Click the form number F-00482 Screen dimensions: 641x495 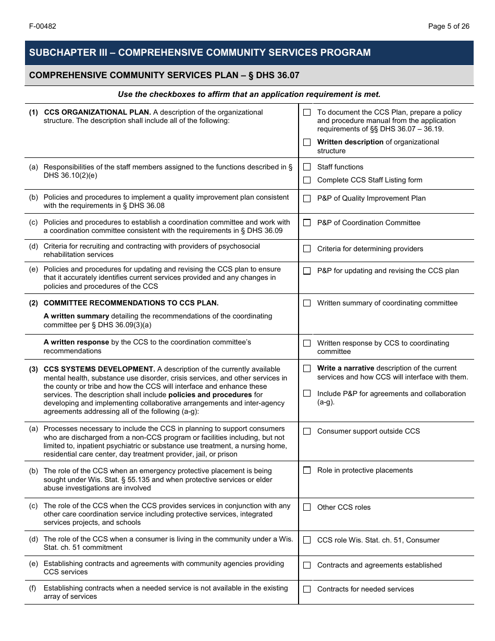pos(43,27)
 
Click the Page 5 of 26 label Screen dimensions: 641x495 pos(448,27)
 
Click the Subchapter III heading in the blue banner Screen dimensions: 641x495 pos(200,53)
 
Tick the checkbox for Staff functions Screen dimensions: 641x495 pos(307,167)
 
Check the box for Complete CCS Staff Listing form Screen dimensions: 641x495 pos(307,180)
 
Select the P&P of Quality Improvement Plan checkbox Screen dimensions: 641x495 pos(307,199)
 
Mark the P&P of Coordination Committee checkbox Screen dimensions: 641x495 pos(307,223)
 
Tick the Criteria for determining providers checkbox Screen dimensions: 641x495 pos(307,249)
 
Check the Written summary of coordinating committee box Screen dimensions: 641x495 pos(307,303)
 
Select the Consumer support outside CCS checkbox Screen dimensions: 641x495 pos(307,432)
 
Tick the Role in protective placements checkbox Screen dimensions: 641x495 pos(307,471)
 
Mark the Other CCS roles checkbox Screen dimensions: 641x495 pos(307,508)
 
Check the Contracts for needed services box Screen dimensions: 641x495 pos(307,589)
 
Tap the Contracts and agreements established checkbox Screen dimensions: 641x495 pos(307,565)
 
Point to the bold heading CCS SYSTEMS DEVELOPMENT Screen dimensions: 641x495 pos(99,369)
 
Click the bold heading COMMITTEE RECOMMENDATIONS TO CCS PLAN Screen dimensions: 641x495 pos(131,303)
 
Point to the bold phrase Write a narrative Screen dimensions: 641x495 pos(345,368)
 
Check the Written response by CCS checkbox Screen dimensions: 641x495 pos(307,343)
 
